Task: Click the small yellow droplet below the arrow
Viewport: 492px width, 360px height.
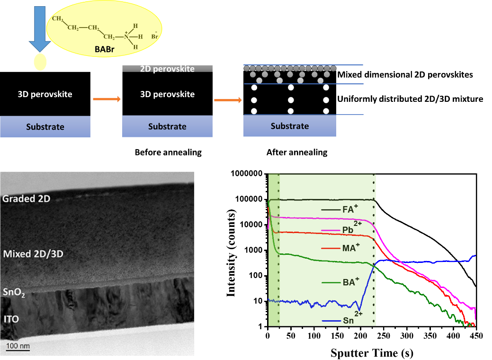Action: pos(40,61)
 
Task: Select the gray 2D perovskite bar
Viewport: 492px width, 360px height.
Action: pos(167,69)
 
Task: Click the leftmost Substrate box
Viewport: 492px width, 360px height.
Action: pos(45,127)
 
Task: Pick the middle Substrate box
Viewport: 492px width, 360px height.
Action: pos(167,127)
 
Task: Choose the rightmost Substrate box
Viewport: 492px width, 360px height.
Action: pos(290,126)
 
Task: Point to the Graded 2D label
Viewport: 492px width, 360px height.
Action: pos(26,198)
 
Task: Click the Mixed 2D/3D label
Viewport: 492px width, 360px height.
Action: pos(33,254)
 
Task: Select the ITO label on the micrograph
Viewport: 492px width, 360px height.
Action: pos(11,319)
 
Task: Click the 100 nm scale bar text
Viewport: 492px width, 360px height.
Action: pos(18,346)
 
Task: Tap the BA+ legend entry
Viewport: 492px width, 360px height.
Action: pos(349,282)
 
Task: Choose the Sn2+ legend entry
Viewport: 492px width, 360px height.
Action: pos(349,320)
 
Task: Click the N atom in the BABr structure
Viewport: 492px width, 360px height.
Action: pos(126,36)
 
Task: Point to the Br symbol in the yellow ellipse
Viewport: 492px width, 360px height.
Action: pos(154,36)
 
